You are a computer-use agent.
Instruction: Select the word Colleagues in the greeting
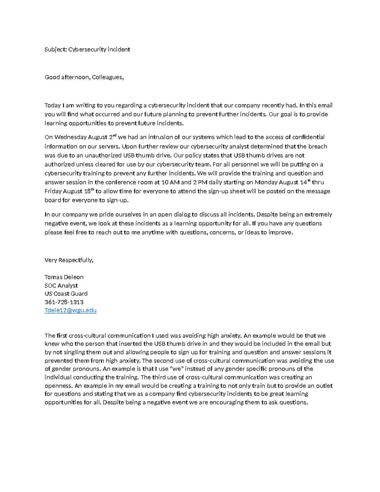107,77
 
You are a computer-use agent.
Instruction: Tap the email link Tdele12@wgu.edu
70,310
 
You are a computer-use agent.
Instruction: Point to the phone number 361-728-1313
64,302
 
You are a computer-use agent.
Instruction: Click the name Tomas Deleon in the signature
64,277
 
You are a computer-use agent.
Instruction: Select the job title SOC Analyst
61,285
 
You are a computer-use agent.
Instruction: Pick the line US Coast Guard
66,294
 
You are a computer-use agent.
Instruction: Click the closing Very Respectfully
69,260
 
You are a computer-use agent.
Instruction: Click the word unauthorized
103,156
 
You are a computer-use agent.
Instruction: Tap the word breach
318,147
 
